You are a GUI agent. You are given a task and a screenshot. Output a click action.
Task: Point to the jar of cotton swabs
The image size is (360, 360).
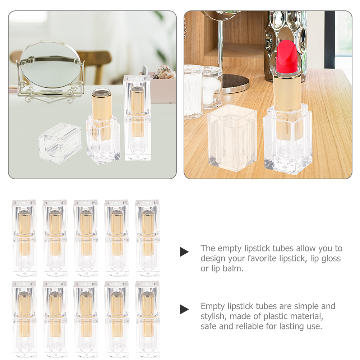(x=194, y=92)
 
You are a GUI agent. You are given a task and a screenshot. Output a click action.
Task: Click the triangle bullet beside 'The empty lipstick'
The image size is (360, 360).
(x=184, y=252)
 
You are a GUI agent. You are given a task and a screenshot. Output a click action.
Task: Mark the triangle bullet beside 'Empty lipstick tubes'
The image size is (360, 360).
(x=184, y=309)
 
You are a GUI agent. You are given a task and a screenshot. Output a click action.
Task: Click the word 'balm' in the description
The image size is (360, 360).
(x=234, y=268)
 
